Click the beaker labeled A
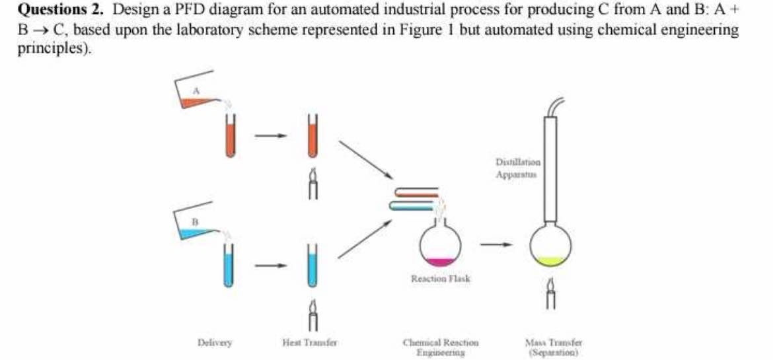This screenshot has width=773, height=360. pyautogui.click(x=197, y=92)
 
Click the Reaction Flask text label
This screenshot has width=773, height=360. pyautogui.click(x=441, y=279)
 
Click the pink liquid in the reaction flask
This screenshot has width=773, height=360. pyautogui.click(x=440, y=262)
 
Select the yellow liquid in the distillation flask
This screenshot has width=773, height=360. pyautogui.click(x=549, y=262)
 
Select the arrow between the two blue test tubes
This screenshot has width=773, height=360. pyautogui.click(x=271, y=267)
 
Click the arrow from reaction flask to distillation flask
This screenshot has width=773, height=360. pyautogui.click(x=496, y=246)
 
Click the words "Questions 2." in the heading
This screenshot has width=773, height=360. pyautogui.click(x=55, y=11)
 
